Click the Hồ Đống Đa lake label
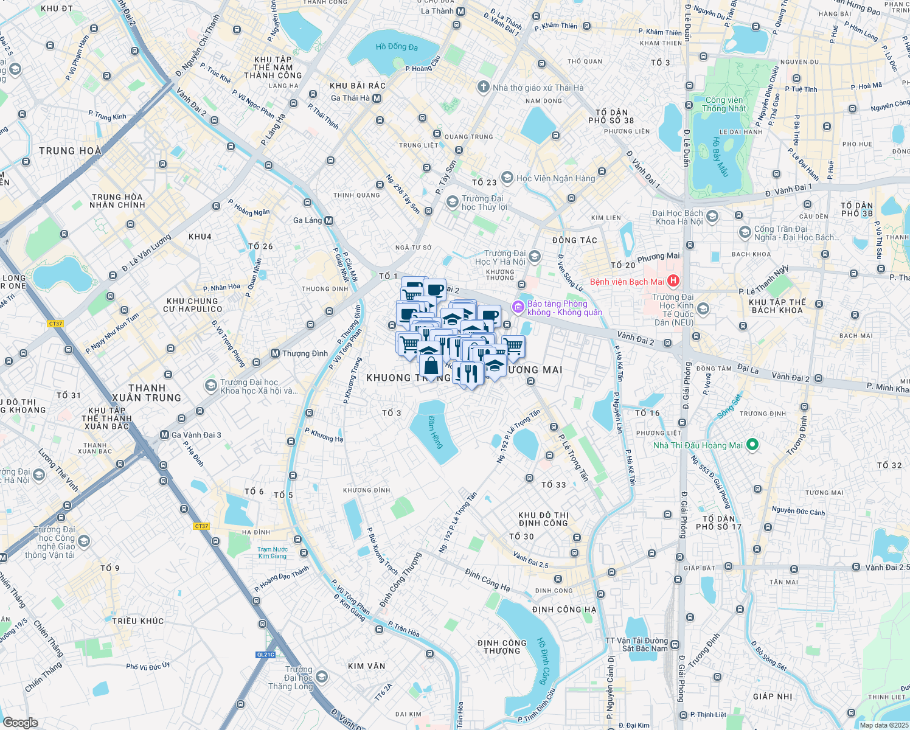(x=397, y=47)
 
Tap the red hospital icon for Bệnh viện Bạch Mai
(x=673, y=281)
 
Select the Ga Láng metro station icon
(x=328, y=220)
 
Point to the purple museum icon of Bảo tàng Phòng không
(x=518, y=308)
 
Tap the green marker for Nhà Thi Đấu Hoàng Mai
(x=752, y=445)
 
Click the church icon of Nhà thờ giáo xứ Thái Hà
(x=484, y=87)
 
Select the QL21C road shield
(x=266, y=655)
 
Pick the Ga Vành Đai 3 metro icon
(x=164, y=435)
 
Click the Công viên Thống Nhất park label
(x=724, y=104)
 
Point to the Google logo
(x=20, y=722)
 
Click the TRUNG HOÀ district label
(x=70, y=151)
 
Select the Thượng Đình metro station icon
(x=275, y=353)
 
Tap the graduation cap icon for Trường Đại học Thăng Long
(x=322, y=677)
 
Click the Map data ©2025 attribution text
(x=883, y=725)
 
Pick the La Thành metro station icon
(x=461, y=11)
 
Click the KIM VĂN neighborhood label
(x=366, y=666)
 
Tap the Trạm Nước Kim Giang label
(x=272, y=552)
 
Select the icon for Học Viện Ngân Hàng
(x=507, y=178)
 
